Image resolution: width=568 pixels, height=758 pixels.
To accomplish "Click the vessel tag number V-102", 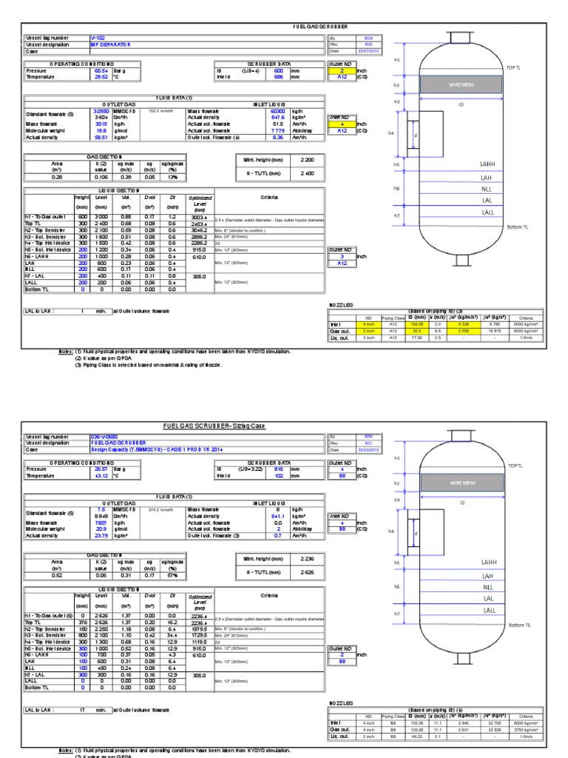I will click(x=98, y=36).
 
